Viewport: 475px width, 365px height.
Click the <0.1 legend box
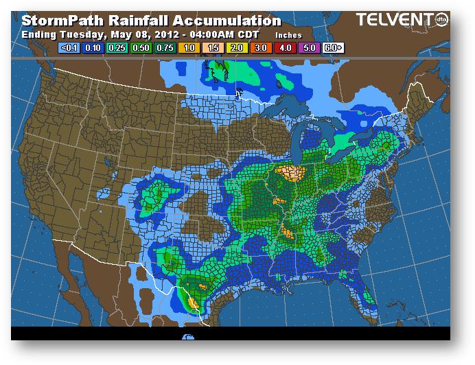69,47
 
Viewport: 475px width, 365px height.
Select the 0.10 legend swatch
92,47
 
